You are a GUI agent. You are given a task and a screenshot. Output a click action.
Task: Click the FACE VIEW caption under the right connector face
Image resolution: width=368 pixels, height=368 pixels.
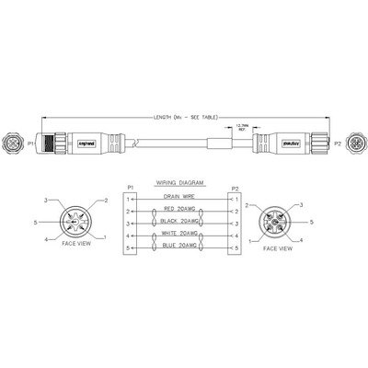(278, 248)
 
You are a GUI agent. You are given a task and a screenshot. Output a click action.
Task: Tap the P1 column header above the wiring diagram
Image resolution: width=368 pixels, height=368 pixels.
(131, 187)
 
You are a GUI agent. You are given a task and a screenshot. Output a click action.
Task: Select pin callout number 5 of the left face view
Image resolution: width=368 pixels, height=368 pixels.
(35, 221)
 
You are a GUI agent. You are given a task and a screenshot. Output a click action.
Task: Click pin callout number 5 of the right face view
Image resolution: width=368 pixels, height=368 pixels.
(312, 222)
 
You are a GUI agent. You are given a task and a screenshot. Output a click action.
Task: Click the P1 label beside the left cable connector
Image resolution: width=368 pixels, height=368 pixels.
(30, 144)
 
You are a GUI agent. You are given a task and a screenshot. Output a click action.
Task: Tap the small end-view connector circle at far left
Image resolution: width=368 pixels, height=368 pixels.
(14, 144)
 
